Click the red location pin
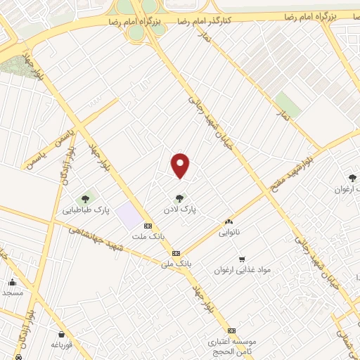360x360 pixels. [x=181, y=165]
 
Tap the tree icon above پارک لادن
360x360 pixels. [x=181, y=198]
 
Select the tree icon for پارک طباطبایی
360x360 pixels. [x=86, y=198]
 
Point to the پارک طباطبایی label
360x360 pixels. [x=86, y=210]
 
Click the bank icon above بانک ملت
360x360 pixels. [x=148, y=226]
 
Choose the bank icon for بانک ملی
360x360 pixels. [x=176, y=253]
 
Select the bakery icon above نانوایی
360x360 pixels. [x=229, y=221]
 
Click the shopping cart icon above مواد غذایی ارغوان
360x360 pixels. [x=242, y=259]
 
